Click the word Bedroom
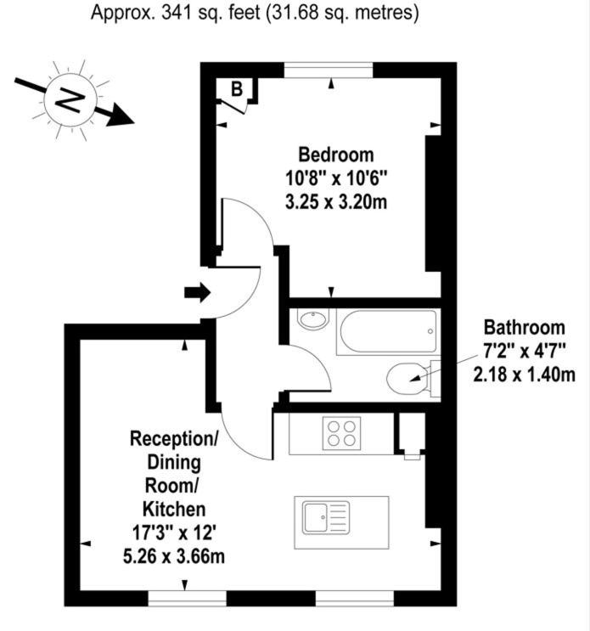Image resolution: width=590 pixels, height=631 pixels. pyautogui.click(x=336, y=155)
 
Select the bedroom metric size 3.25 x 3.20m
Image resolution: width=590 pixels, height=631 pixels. pyautogui.click(x=336, y=201)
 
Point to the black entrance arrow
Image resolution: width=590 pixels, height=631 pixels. pyautogui.click(x=197, y=292)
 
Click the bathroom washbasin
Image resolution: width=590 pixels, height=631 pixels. pyautogui.click(x=313, y=319)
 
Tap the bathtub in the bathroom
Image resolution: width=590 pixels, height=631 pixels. pyautogui.click(x=388, y=331)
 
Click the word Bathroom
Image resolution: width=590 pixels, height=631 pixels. pyautogui.click(x=524, y=328)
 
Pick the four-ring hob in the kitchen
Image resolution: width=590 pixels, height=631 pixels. pyautogui.click(x=341, y=433)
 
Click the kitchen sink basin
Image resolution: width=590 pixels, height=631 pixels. pyautogui.click(x=316, y=518)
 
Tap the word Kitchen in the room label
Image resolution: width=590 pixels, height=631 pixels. pyautogui.click(x=174, y=509)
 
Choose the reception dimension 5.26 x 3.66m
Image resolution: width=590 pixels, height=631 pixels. pyautogui.click(x=174, y=556)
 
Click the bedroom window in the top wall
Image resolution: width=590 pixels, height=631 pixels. pyautogui.click(x=329, y=70)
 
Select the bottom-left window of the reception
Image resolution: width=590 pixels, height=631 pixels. pyautogui.click(x=187, y=598)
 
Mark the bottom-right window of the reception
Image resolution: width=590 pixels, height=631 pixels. pyautogui.click(x=355, y=598)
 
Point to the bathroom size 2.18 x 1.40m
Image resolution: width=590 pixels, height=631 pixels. pyautogui.click(x=524, y=375)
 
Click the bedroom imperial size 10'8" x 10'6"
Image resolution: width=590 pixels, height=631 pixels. pyautogui.click(x=336, y=177)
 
